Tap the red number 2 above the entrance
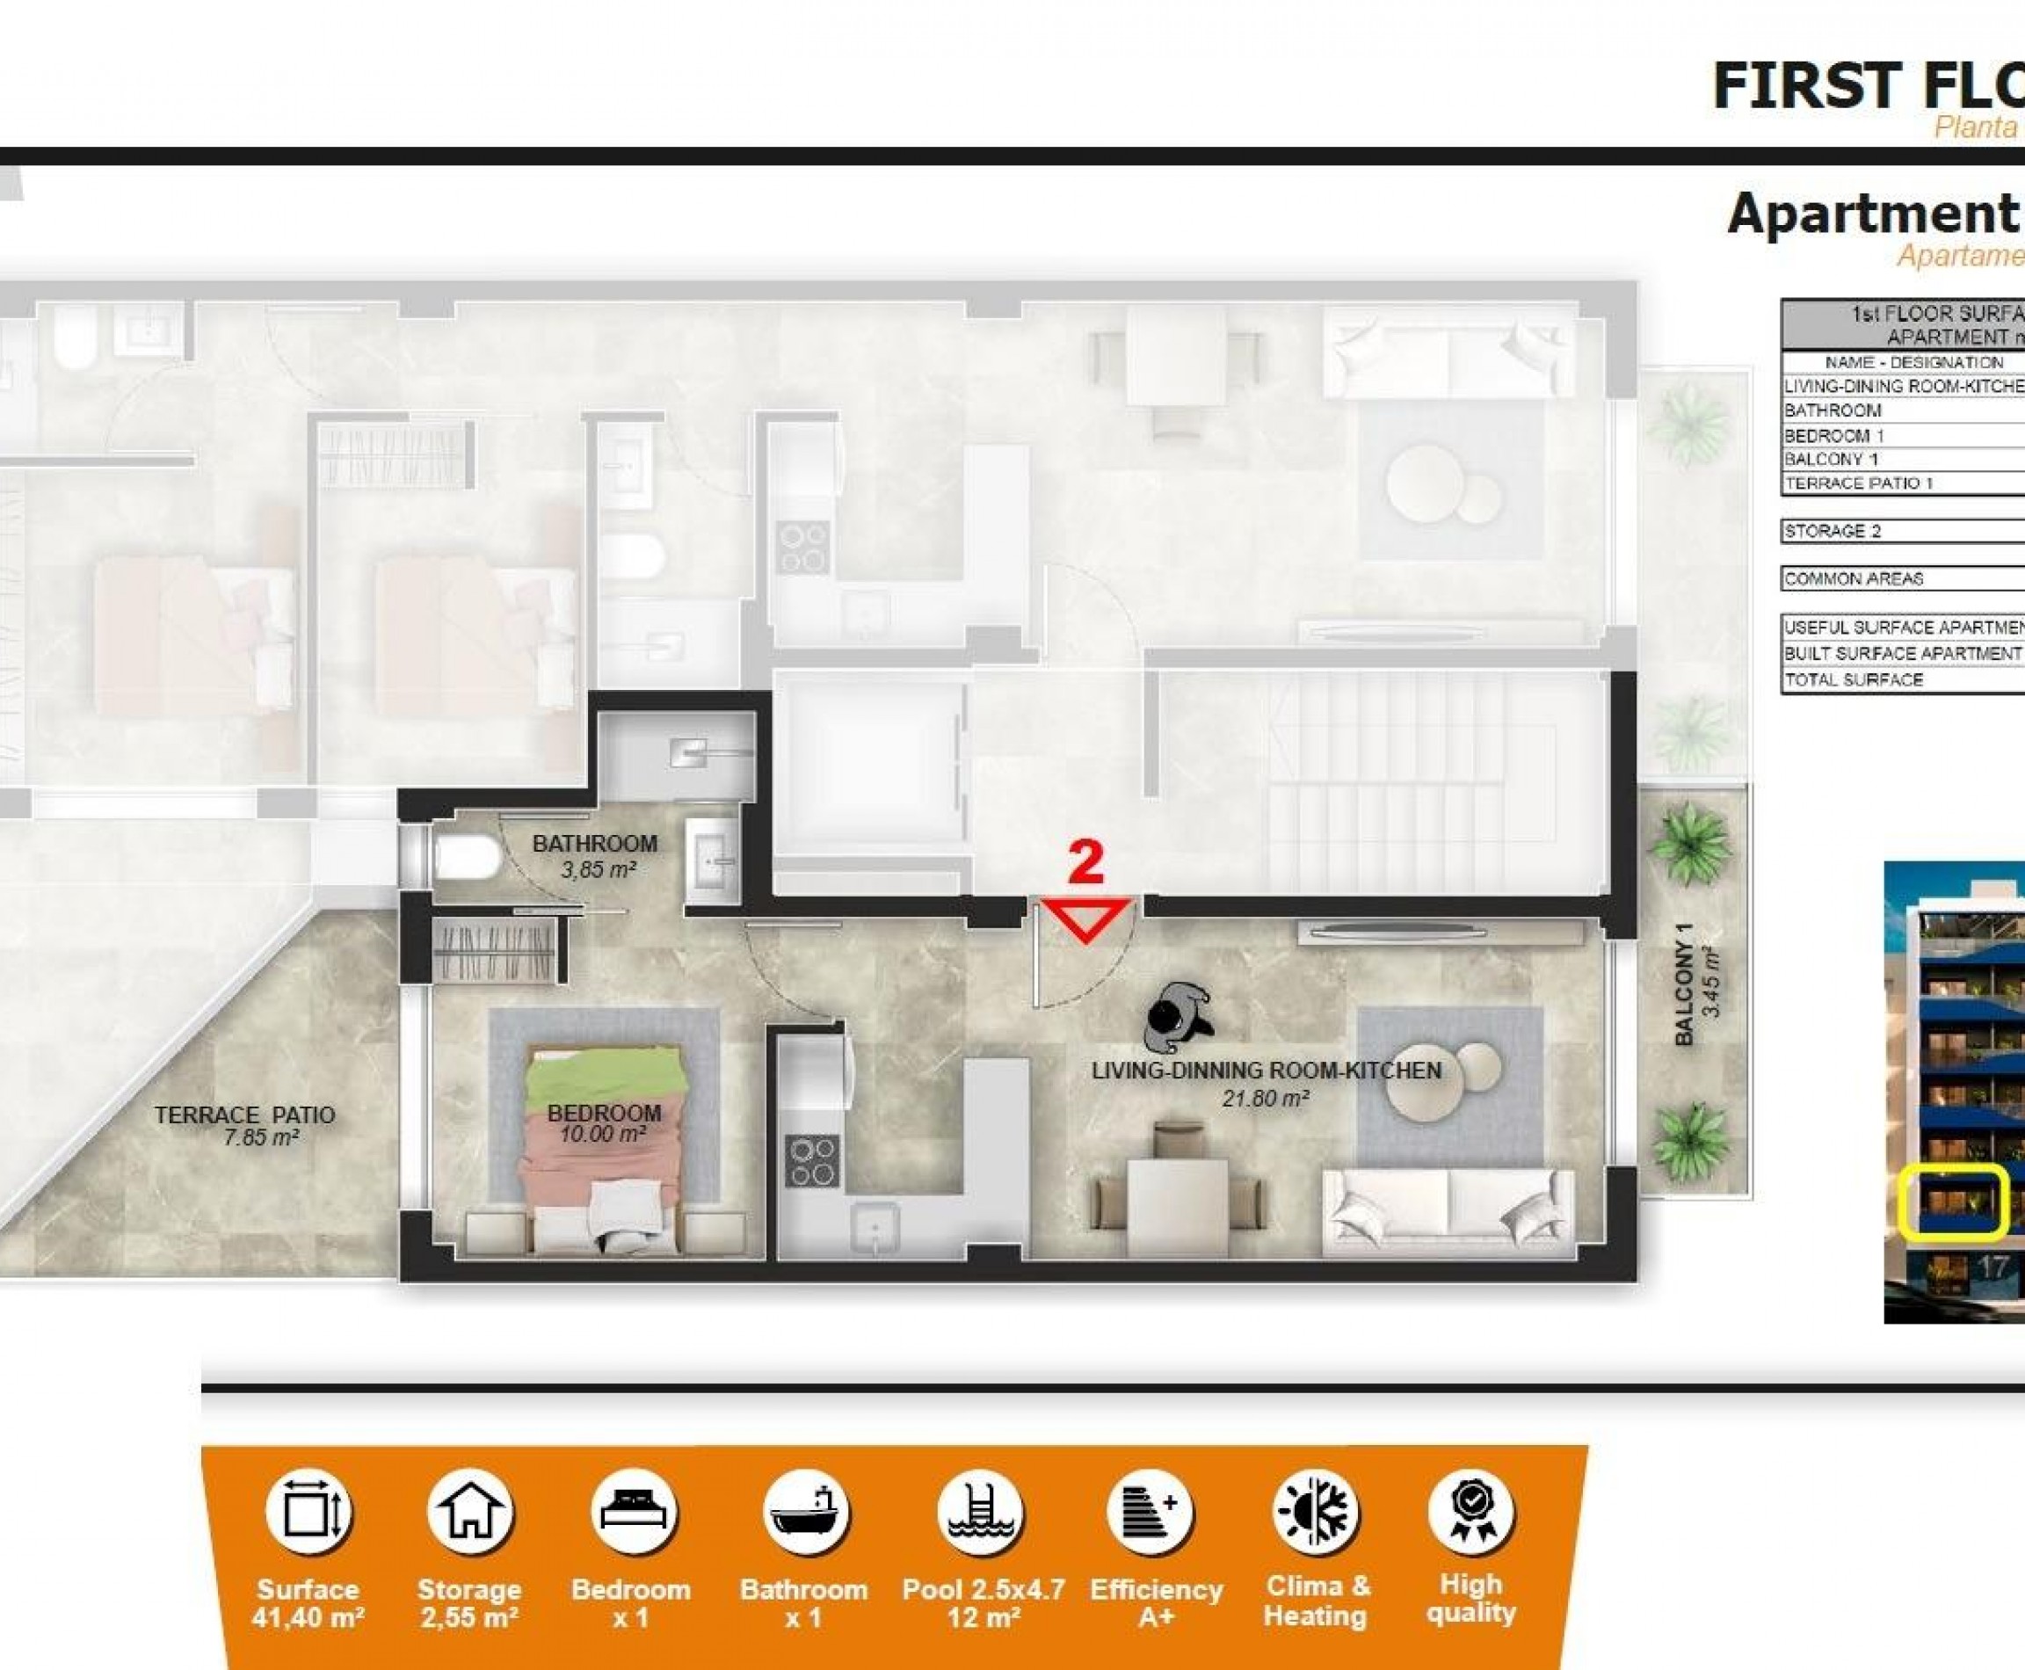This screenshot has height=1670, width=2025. pos(1086,863)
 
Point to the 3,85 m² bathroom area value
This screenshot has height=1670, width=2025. pos(598,869)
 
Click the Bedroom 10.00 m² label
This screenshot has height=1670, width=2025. pos(603,1122)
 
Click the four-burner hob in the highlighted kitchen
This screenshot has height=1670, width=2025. pos(811,1161)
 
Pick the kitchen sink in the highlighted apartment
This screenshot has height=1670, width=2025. pos(874,1226)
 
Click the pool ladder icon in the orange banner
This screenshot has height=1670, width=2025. pos(980,1513)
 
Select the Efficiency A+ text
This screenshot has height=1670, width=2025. pos(1156,1602)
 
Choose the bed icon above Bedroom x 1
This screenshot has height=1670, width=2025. pos(632,1513)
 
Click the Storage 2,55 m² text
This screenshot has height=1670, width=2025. pos(468,1602)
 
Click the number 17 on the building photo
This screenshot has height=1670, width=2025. pos(1991,1268)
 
